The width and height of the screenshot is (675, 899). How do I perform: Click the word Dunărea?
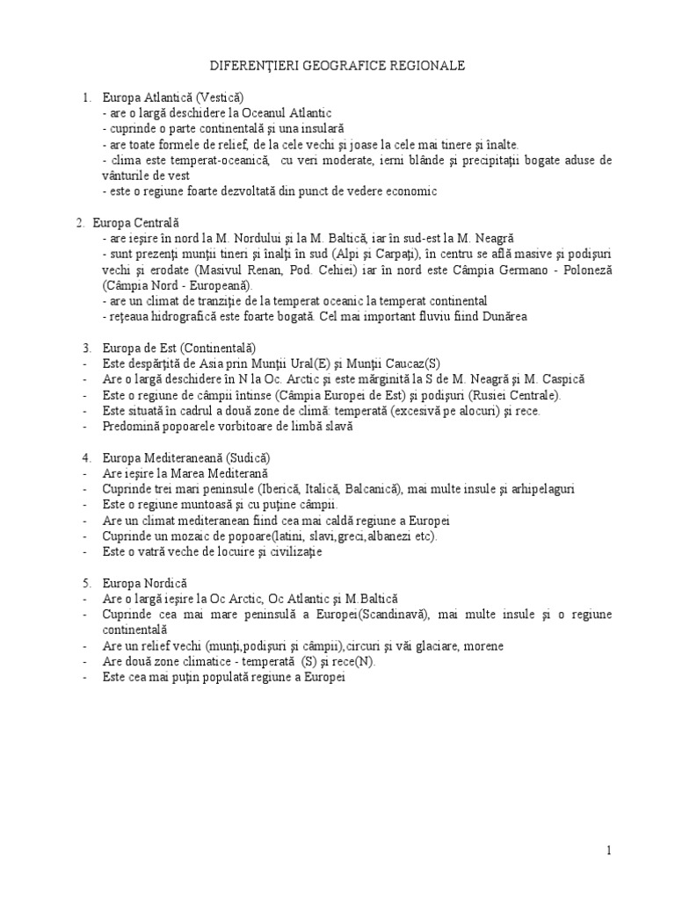click(x=502, y=316)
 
